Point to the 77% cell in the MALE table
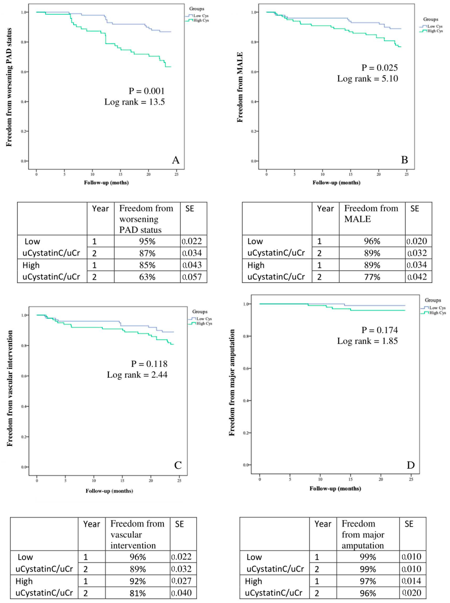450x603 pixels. click(x=372, y=277)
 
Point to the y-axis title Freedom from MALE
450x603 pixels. click(x=240, y=87)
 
